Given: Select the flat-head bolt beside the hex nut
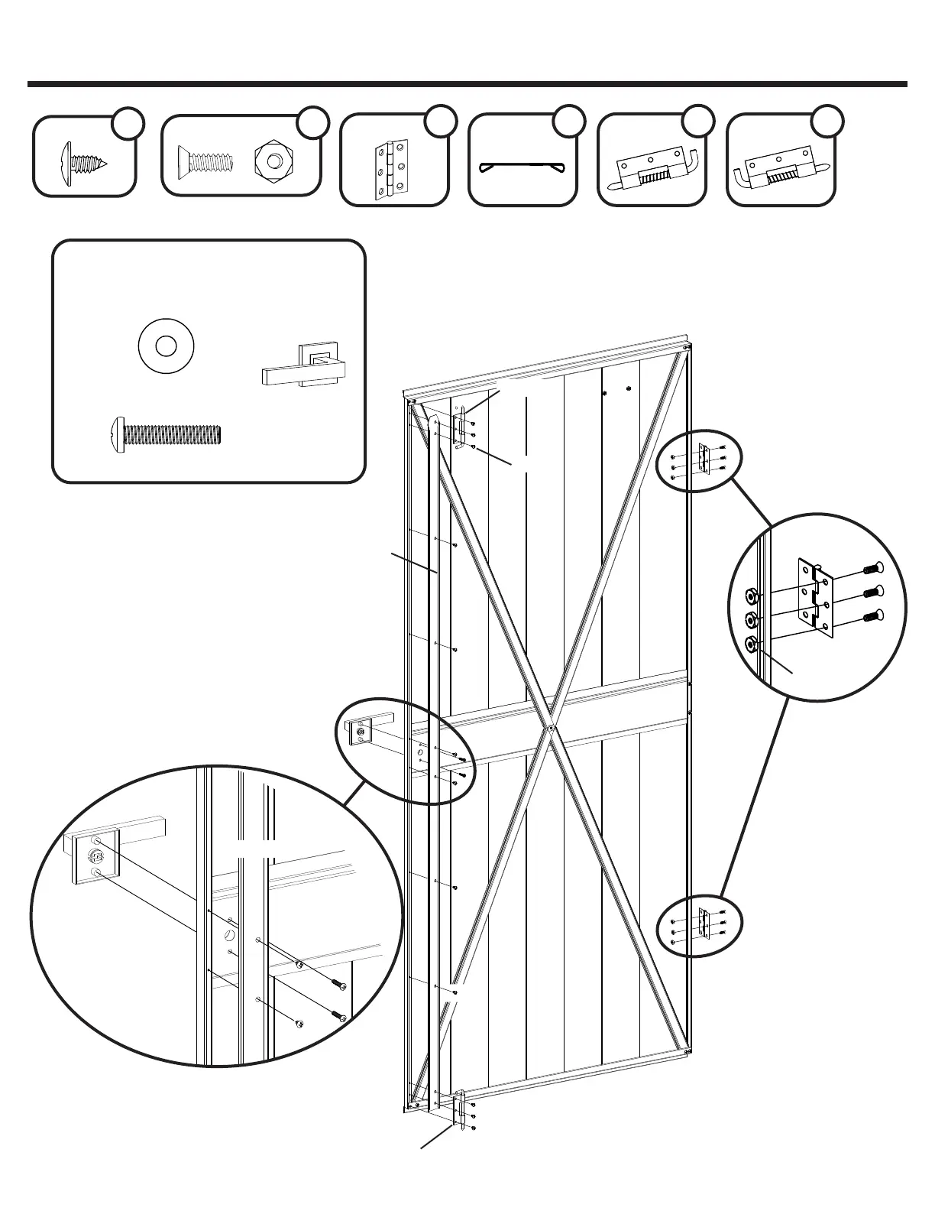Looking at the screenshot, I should click(205, 161).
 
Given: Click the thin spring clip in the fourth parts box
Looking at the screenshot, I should click(521, 167).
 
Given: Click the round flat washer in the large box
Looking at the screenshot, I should click(166, 346).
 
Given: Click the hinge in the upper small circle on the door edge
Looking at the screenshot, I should click(705, 461).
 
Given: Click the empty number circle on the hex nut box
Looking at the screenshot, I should click(312, 123).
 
